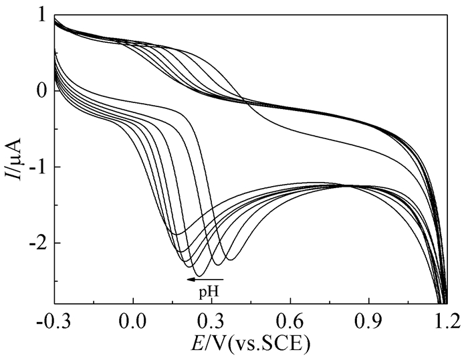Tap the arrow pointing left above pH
pos(205,278)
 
